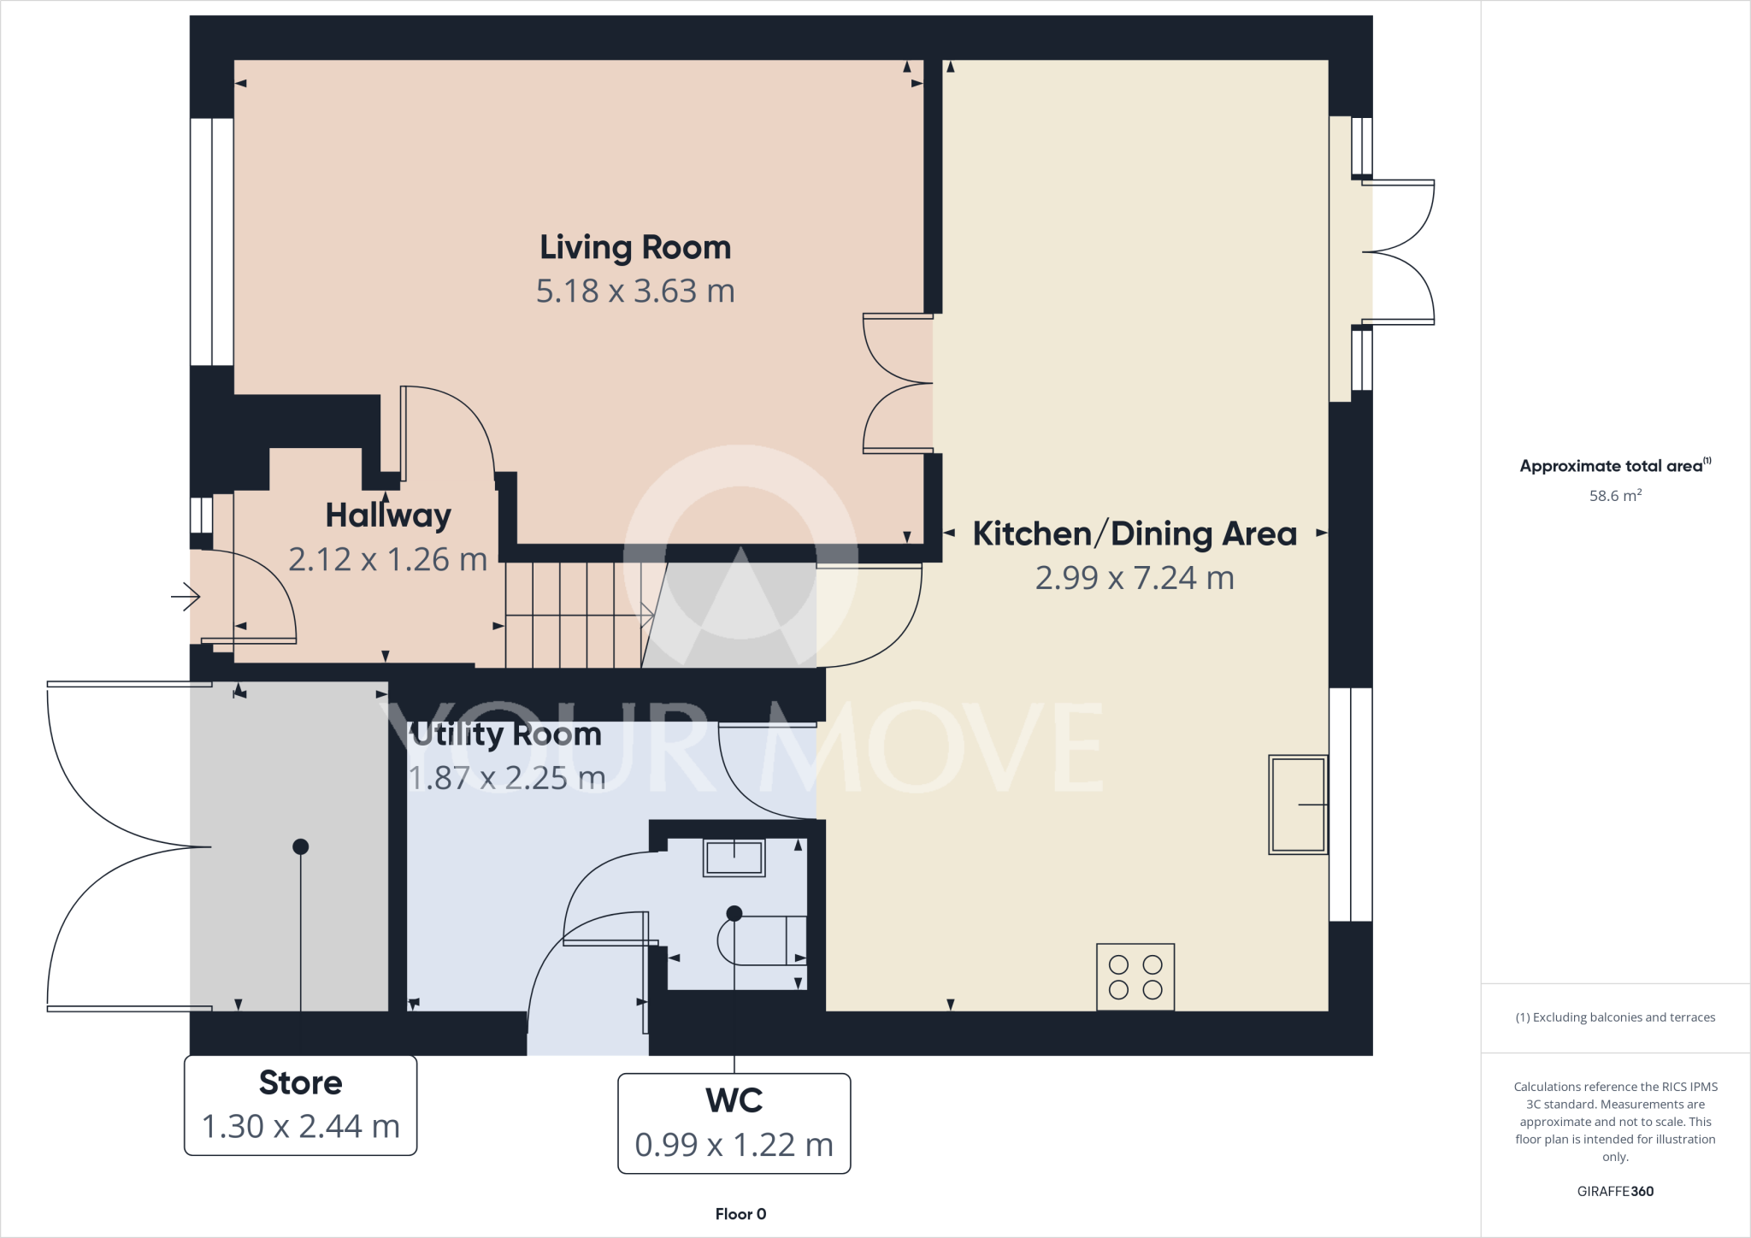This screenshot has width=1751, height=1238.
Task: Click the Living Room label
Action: pos(635,248)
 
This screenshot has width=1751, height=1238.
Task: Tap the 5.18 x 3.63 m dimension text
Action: pos(635,292)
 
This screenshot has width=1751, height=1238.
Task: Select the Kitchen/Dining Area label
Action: pos(1135,534)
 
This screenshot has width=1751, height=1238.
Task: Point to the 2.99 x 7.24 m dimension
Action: pos(1135,578)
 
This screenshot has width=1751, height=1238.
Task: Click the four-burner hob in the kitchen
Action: pos(1135,977)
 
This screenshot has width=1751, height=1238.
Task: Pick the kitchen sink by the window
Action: pos(1298,805)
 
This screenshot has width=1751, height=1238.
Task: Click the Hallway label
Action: pos(388,516)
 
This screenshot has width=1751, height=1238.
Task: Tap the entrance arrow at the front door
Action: pos(186,596)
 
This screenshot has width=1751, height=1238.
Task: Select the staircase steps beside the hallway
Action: pos(573,615)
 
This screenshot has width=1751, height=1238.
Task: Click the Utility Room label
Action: pos(506,734)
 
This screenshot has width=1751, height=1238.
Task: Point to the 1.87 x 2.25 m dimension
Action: pos(506,778)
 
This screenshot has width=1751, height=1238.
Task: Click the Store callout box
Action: pos(300,1105)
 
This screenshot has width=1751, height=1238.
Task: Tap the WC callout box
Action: pos(734,1123)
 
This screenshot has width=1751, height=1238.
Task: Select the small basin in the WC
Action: pos(734,858)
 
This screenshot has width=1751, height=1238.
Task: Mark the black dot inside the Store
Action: pos(300,846)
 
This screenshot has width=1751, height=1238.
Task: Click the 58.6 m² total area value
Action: pos(1615,496)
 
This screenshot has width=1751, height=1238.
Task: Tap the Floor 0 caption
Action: pos(740,1214)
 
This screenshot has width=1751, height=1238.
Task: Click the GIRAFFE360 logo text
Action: pos(1615,1191)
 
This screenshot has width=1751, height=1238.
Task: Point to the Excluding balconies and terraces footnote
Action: pos(1615,1017)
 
